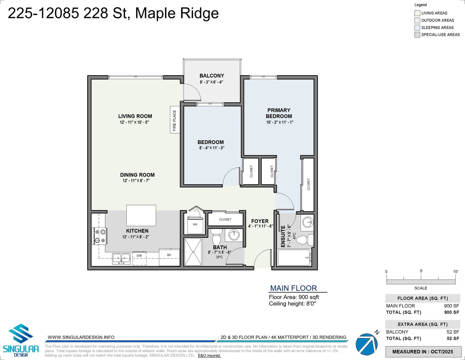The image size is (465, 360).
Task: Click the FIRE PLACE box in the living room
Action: point(175,120)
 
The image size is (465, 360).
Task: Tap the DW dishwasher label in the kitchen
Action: point(139,256)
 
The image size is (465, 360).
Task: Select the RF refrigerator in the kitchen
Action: point(169,257)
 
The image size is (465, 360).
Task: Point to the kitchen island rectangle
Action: point(141,215)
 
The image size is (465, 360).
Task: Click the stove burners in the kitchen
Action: point(100,236)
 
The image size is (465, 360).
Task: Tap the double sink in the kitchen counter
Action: point(121,259)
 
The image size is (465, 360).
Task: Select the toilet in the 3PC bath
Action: point(216,237)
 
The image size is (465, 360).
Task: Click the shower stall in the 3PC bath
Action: point(193,252)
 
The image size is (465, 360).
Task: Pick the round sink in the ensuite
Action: point(308,222)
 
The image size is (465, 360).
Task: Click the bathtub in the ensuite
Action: point(294,258)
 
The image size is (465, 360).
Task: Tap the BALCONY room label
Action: point(212,76)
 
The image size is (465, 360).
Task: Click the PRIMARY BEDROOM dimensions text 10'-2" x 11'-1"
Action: point(280,122)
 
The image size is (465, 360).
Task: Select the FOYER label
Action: point(260,221)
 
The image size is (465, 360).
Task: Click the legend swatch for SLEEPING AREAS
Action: point(417,28)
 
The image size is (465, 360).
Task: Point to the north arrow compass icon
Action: point(367,344)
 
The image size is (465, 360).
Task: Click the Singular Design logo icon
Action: point(21,334)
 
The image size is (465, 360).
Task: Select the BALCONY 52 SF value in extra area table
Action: point(453,332)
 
